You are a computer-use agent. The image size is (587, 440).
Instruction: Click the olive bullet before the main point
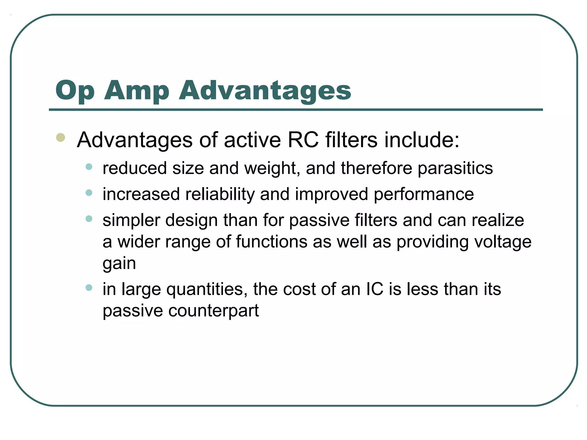click(60, 137)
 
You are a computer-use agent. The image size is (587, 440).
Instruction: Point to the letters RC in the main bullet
click(303, 140)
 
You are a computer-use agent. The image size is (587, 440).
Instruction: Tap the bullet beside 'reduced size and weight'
click(89, 167)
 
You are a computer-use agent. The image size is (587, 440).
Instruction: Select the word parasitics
click(455, 168)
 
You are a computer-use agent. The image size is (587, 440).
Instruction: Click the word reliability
click(220, 194)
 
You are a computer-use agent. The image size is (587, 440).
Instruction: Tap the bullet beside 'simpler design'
click(89, 219)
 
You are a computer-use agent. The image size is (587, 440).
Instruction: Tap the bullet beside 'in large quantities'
click(89, 287)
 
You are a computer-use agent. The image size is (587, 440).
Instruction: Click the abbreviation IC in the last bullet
click(375, 289)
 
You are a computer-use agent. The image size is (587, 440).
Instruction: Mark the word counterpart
click(214, 311)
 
